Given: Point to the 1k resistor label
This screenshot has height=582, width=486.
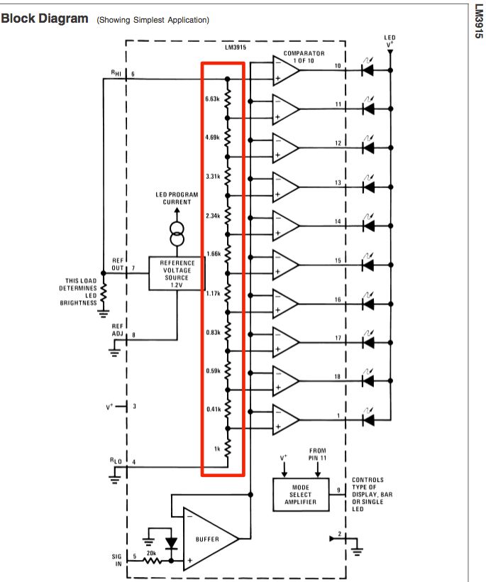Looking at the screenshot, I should pyautogui.click(x=216, y=448).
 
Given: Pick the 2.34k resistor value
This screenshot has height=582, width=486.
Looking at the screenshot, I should pyautogui.click(x=211, y=215).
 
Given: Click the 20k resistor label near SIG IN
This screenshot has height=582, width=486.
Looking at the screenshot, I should pyautogui.click(x=151, y=552).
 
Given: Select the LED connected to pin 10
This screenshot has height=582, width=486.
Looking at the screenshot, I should pyautogui.click(x=368, y=70).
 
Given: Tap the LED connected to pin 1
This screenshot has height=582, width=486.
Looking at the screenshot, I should pyautogui.click(x=368, y=419).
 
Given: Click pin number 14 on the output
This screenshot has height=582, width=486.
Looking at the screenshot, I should pyautogui.click(x=338, y=221).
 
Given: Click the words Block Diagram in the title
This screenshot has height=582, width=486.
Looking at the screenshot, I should pyautogui.click(x=44, y=19).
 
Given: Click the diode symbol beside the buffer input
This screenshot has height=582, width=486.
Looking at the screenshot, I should pyautogui.click(x=170, y=543).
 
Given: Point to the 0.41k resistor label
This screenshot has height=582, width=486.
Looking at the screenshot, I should pyautogui.click(x=211, y=410).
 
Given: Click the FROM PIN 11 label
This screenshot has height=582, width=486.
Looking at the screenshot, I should pyautogui.click(x=317, y=455).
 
